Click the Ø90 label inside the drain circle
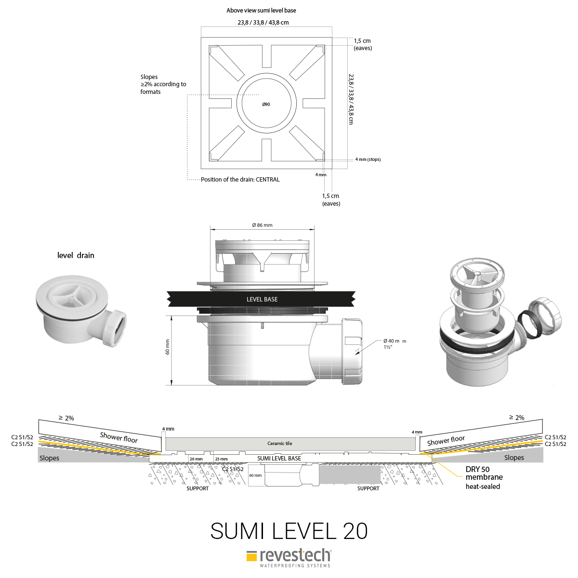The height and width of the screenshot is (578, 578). (x=266, y=105)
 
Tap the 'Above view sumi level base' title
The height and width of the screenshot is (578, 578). (x=261, y=11)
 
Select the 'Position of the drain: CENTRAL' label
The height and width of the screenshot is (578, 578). (x=240, y=179)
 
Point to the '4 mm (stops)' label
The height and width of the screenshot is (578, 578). (x=368, y=159)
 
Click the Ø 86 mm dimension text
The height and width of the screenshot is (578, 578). (x=262, y=225)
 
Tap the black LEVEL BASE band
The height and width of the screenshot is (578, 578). (x=261, y=299)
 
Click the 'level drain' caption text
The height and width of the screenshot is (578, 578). (x=76, y=255)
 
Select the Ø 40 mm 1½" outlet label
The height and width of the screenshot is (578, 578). (x=395, y=344)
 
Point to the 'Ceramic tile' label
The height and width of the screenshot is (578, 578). (x=279, y=443)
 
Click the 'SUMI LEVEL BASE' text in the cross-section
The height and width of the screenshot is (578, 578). (x=279, y=459)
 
